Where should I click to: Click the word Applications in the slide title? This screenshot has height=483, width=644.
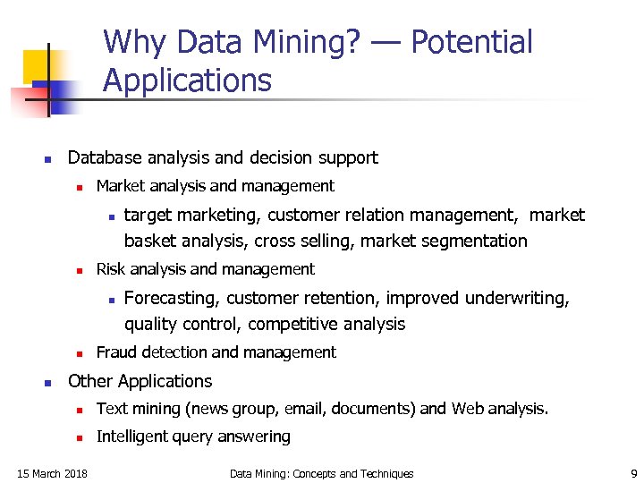pyautogui.click(x=187, y=80)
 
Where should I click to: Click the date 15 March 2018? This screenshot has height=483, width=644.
pyautogui.click(x=53, y=473)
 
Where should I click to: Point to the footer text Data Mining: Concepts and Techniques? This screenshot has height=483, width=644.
pyautogui.click(x=322, y=473)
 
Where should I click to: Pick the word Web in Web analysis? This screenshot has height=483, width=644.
pyautogui.click(x=469, y=409)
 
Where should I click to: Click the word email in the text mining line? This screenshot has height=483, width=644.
pyautogui.click(x=304, y=409)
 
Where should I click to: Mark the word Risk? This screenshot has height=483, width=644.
pyautogui.click(x=111, y=269)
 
